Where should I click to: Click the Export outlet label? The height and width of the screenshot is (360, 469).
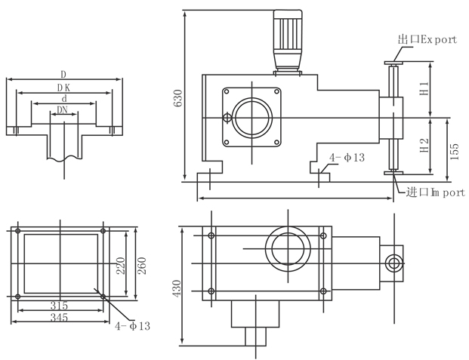(427, 39)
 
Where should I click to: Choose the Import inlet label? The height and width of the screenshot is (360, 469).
(435, 192)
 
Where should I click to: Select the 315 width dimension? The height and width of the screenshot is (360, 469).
(59, 306)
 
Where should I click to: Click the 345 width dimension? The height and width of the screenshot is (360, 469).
(59, 318)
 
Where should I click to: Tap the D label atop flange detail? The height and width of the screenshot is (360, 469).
(63, 74)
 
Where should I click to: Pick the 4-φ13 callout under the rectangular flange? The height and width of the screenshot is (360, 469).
(132, 326)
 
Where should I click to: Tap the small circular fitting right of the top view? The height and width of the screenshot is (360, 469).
(392, 263)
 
